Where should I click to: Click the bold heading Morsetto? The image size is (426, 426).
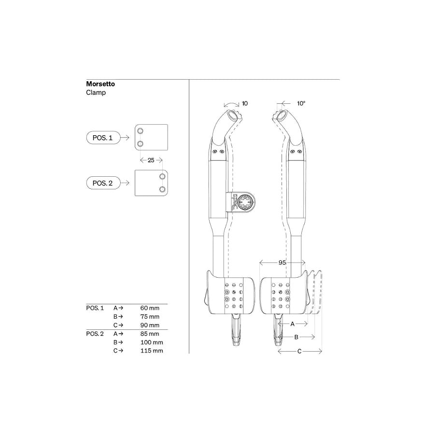[100, 84]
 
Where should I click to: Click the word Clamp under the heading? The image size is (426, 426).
[96, 93]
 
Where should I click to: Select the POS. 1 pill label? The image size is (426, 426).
[102, 138]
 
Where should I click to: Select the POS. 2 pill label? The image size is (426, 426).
[102, 183]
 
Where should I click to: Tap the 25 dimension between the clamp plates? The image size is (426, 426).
[151, 160]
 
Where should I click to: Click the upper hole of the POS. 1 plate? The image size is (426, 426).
[140, 131]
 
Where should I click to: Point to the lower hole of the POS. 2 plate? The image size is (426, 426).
[162, 189]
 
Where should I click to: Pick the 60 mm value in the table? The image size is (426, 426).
[150, 308]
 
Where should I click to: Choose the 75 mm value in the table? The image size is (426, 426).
[150, 317]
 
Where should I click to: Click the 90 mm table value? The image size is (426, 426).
[150, 325]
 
